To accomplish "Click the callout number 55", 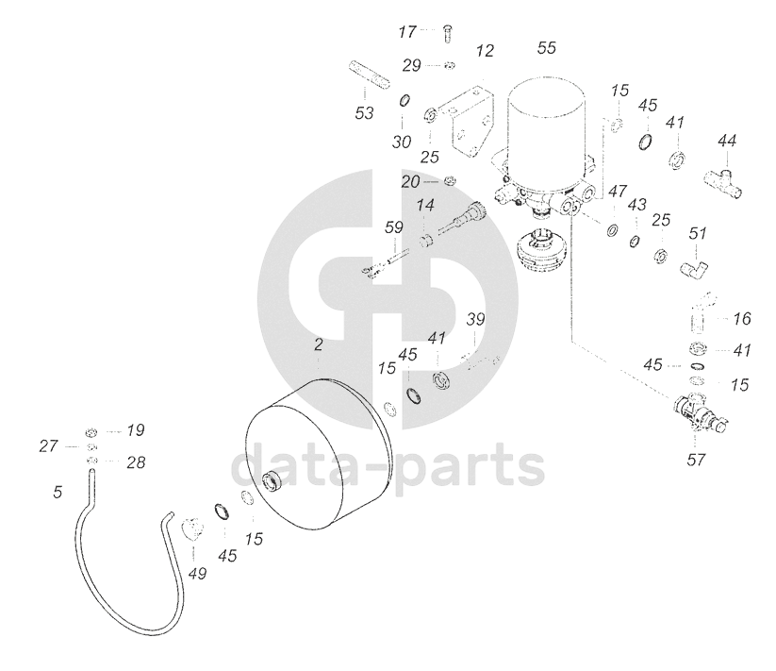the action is click(x=547, y=47).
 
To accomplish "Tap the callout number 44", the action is click(x=726, y=141).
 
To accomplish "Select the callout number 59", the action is click(x=393, y=227).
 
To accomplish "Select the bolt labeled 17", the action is click(x=447, y=34).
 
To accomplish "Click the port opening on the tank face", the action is click(x=274, y=483).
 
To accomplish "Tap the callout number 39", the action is click(x=476, y=320).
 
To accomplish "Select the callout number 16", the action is click(x=742, y=319).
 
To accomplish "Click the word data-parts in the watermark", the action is click(x=388, y=466).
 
